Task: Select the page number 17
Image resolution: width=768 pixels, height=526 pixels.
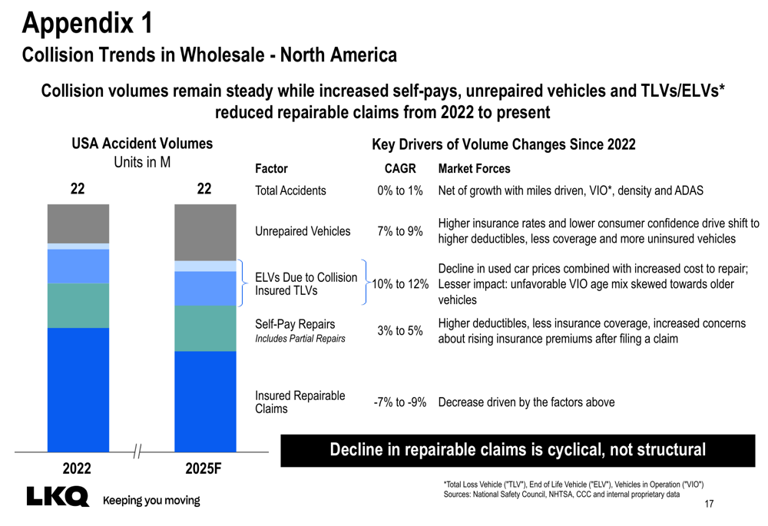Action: [x=709, y=504]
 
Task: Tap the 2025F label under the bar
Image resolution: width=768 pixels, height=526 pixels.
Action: [x=204, y=468]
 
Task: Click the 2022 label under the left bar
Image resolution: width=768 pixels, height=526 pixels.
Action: [x=77, y=468]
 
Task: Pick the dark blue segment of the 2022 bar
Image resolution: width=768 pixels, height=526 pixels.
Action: [x=78, y=389]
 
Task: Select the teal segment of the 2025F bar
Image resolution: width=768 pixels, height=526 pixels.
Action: [x=205, y=328]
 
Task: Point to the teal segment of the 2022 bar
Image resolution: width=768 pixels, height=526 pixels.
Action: [x=78, y=306]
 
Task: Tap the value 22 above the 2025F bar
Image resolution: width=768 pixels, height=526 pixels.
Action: [x=204, y=190]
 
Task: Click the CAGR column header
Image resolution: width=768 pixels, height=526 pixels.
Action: [x=399, y=169]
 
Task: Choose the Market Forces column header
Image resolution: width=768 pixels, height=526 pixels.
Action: [x=474, y=169]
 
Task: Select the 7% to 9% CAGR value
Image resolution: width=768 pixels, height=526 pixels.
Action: [x=399, y=231]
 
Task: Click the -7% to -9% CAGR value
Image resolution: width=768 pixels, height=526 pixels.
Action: [x=399, y=402]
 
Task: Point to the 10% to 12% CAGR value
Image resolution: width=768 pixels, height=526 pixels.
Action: [x=399, y=284]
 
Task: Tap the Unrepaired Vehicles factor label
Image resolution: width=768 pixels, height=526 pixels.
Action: [x=303, y=231]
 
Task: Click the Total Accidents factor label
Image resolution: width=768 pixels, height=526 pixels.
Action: [x=290, y=190]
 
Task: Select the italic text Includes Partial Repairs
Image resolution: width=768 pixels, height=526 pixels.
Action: [x=300, y=339]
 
